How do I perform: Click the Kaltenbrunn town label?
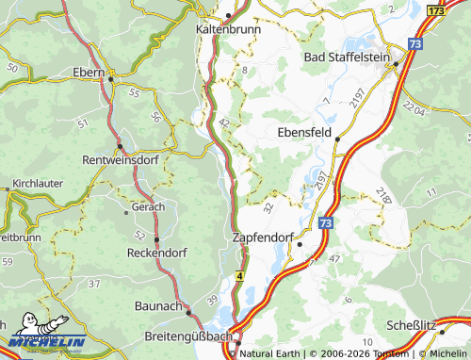[x=228, y=29]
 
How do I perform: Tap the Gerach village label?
[x=148, y=206]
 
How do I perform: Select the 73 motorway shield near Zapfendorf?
[x=325, y=223]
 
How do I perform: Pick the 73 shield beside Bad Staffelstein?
[x=416, y=43]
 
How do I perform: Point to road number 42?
[x=223, y=123]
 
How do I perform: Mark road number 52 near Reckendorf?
[x=139, y=235]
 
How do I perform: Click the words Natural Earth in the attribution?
[x=270, y=353]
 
